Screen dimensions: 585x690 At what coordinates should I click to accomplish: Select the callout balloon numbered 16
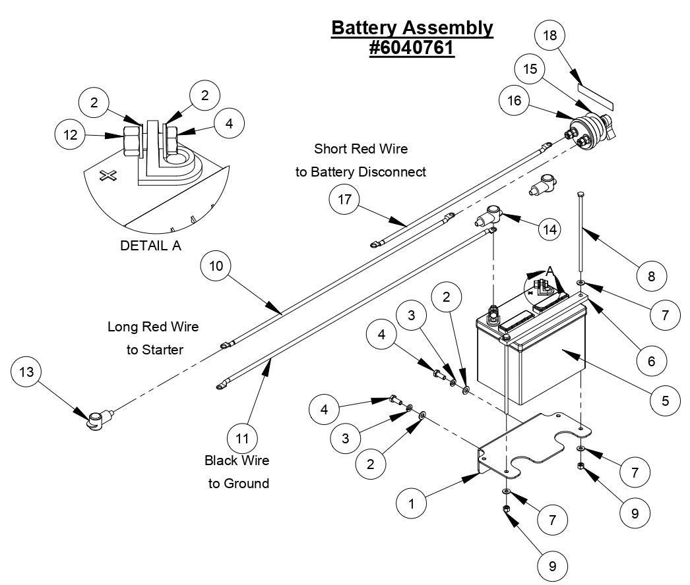tap(515, 100)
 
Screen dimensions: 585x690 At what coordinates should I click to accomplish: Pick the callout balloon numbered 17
tap(345, 200)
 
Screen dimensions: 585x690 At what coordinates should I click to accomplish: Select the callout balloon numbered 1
tap(412, 504)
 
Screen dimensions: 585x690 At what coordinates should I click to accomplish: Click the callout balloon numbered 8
tap(651, 276)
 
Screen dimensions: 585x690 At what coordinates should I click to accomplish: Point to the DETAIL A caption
tap(150, 246)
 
